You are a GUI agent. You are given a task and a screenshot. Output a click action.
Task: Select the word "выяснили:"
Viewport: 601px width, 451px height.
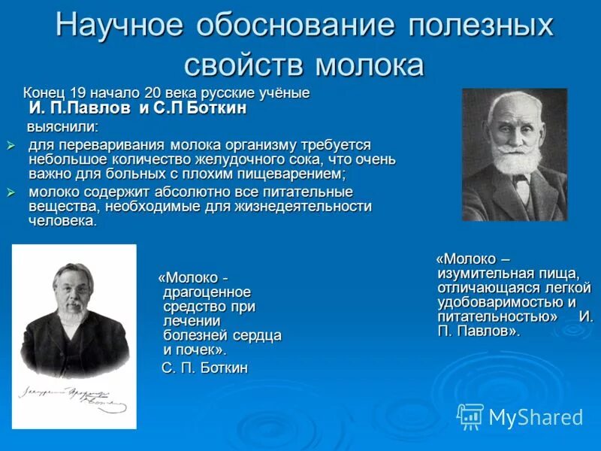click(x=63, y=126)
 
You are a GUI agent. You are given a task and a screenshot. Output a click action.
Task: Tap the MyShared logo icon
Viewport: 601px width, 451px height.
click(x=470, y=416)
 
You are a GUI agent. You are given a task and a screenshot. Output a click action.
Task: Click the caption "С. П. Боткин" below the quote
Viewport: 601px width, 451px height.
click(x=204, y=368)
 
